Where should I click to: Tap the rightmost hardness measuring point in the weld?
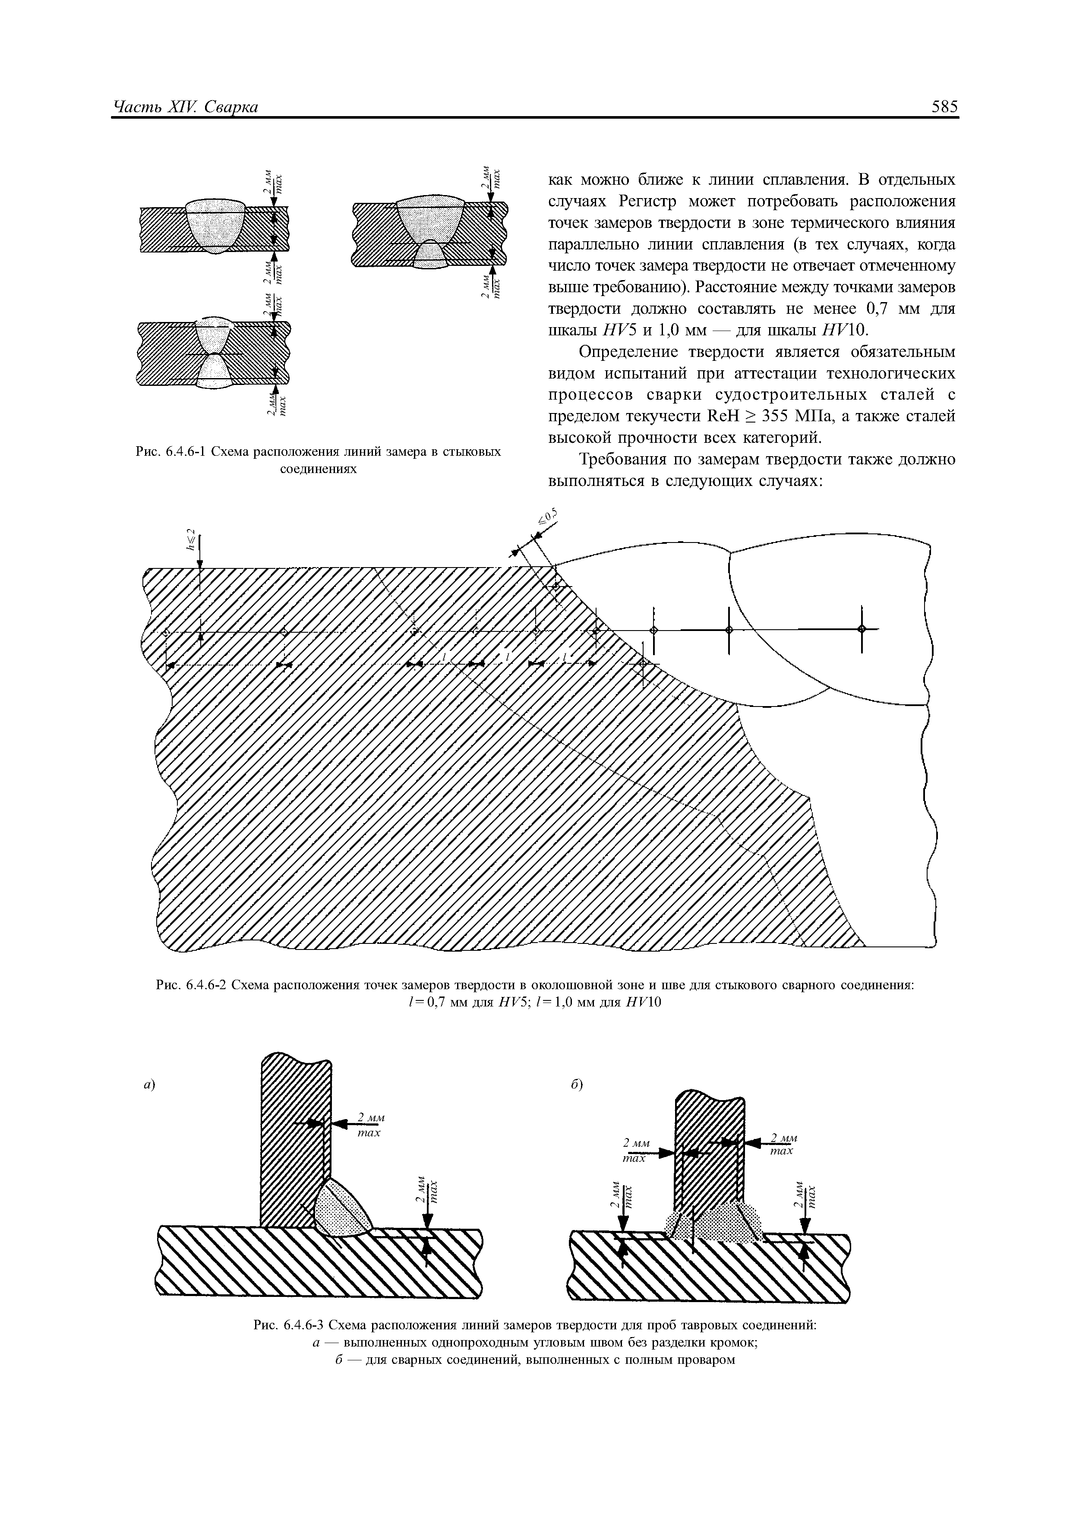pos(861,629)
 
